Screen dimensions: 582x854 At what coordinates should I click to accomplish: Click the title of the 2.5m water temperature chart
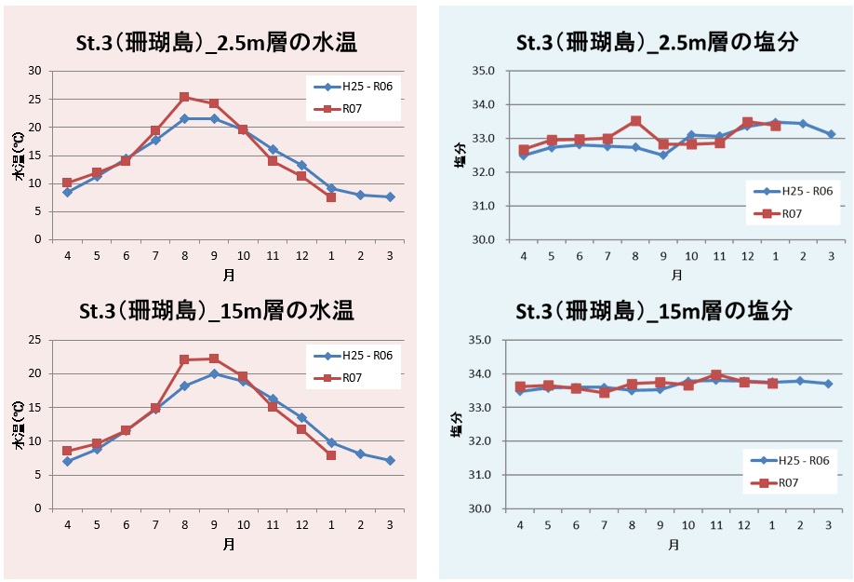tap(216, 43)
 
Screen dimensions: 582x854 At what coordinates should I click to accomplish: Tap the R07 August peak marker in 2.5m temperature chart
tap(184, 97)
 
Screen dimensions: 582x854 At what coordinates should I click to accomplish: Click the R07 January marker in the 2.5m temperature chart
tap(330, 197)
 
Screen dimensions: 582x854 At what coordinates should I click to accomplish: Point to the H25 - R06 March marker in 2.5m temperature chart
tap(389, 196)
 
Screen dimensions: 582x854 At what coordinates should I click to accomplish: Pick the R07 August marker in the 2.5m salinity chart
tap(635, 121)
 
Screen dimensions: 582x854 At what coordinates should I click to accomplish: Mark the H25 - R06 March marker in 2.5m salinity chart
tap(830, 134)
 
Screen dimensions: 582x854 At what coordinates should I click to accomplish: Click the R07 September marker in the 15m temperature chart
tap(214, 359)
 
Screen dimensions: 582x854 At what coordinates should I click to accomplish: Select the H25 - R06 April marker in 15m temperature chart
tap(67, 461)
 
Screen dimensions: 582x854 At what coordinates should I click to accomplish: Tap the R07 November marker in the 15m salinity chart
tap(715, 375)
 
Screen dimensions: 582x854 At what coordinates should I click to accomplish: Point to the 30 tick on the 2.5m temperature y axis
tap(35, 71)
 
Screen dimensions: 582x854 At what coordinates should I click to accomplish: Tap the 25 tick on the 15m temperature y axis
tap(35, 340)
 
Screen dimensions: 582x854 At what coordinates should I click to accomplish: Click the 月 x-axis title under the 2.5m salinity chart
tap(676, 275)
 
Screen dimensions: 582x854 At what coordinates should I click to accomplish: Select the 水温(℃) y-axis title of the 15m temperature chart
tap(18, 425)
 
